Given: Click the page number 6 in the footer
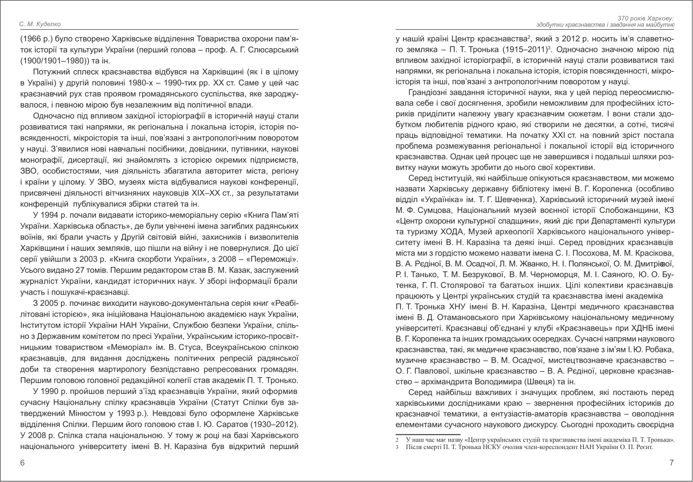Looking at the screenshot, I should (22, 463).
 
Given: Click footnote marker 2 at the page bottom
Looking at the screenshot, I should (397, 440).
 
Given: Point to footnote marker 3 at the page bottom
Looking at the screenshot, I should (397, 447).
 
